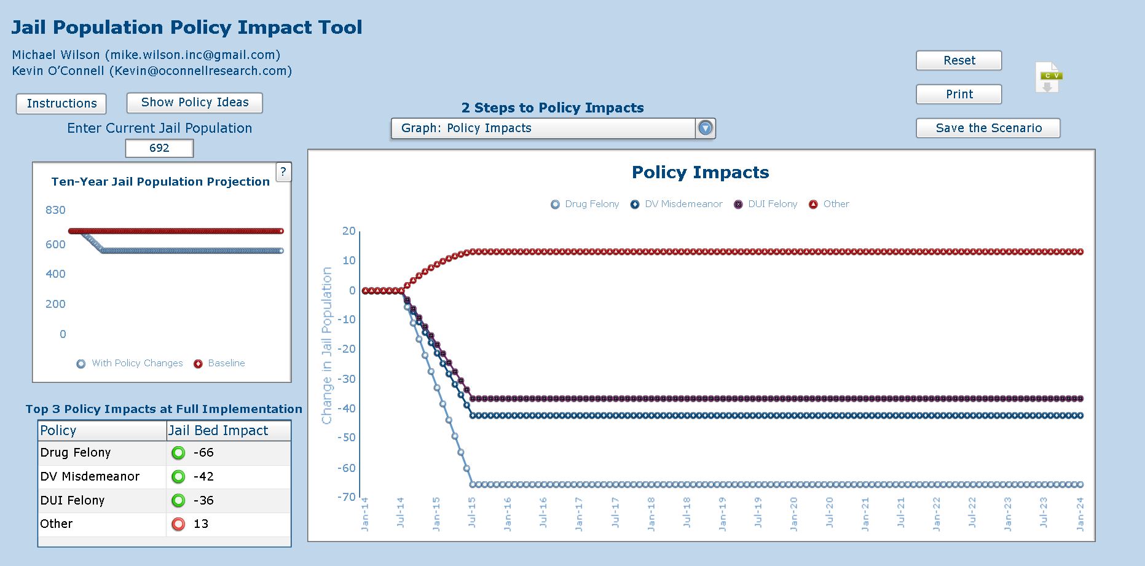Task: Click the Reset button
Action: pos(959,60)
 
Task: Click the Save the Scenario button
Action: pos(988,128)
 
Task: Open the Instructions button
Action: pos(61,103)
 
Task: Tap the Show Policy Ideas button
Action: pos(195,103)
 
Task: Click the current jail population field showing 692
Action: pos(159,148)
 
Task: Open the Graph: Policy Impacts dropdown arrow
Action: pos(705,128)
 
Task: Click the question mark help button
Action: pos(283,172)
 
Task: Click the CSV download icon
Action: pos(1049,77)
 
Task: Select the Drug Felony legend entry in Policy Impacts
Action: pos(585,204)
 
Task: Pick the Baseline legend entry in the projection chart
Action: pos(219,363)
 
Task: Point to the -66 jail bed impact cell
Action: pos(203,453)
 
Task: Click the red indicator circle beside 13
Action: pos(178,524)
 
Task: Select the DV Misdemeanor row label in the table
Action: pos(90,476)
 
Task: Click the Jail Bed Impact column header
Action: pos(218,431)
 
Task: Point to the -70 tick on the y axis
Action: pos(347,497)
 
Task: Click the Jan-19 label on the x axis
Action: pos(722,514)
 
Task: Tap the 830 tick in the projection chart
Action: pos(55,210)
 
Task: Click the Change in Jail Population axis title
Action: pos(326,345)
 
